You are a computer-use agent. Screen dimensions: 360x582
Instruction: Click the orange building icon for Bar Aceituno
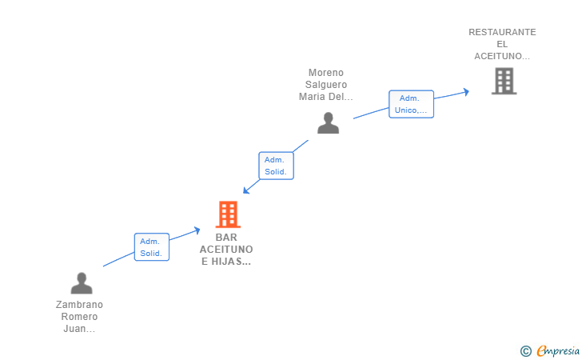(x=228, y=214)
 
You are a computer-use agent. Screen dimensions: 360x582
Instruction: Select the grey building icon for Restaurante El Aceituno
(x=504, y=81)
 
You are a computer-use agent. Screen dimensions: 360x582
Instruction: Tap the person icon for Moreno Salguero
(x=328, y=123)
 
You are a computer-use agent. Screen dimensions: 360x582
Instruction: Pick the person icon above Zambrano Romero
(x=81, y=283)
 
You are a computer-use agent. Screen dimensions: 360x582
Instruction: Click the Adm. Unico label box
(x=411, y=104)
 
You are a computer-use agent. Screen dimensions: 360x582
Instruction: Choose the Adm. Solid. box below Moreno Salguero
(x=276, y=166)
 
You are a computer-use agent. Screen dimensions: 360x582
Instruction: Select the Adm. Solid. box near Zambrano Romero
(x=151, y=247)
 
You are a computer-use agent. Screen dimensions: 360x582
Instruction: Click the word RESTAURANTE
(x=502, y=32)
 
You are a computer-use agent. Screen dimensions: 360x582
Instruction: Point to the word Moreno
(x=325, y=73)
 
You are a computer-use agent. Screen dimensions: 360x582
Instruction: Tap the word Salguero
(x=325, y=85)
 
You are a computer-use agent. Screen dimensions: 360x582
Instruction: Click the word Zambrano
(x=79, y=305)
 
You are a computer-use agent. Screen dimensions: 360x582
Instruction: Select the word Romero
(x=79, y=317)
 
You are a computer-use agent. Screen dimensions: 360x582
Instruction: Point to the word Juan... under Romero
(x=79, y=329)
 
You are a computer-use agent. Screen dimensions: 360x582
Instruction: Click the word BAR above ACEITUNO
(x=227, y=238)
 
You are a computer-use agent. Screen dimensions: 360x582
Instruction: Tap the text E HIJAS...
(x=226, y=262)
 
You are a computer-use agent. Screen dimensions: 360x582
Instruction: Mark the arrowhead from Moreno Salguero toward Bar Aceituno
(x=246, y=190)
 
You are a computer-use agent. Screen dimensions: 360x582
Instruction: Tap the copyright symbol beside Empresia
(x=525, y=350)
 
